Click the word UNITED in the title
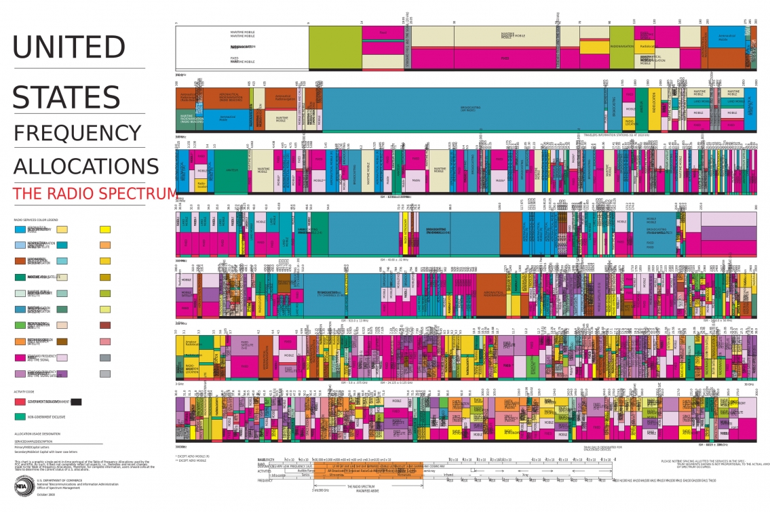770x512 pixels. (x=69, y=47)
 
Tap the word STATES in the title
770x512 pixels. (x=66, y=97)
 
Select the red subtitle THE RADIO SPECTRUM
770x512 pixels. (x=95, y=193)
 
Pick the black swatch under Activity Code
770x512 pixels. (x=76, y=402)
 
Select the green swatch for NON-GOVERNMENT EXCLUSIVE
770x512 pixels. (x=20, y=416)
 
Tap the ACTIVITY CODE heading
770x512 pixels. (x=24, y=392)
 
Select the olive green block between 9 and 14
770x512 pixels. (x=334, y=47)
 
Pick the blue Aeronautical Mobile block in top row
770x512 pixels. (x=704, y=42)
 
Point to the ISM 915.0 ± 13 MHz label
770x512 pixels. (x=354, y=320)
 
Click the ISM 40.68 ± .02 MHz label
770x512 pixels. (x=393, y=258)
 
